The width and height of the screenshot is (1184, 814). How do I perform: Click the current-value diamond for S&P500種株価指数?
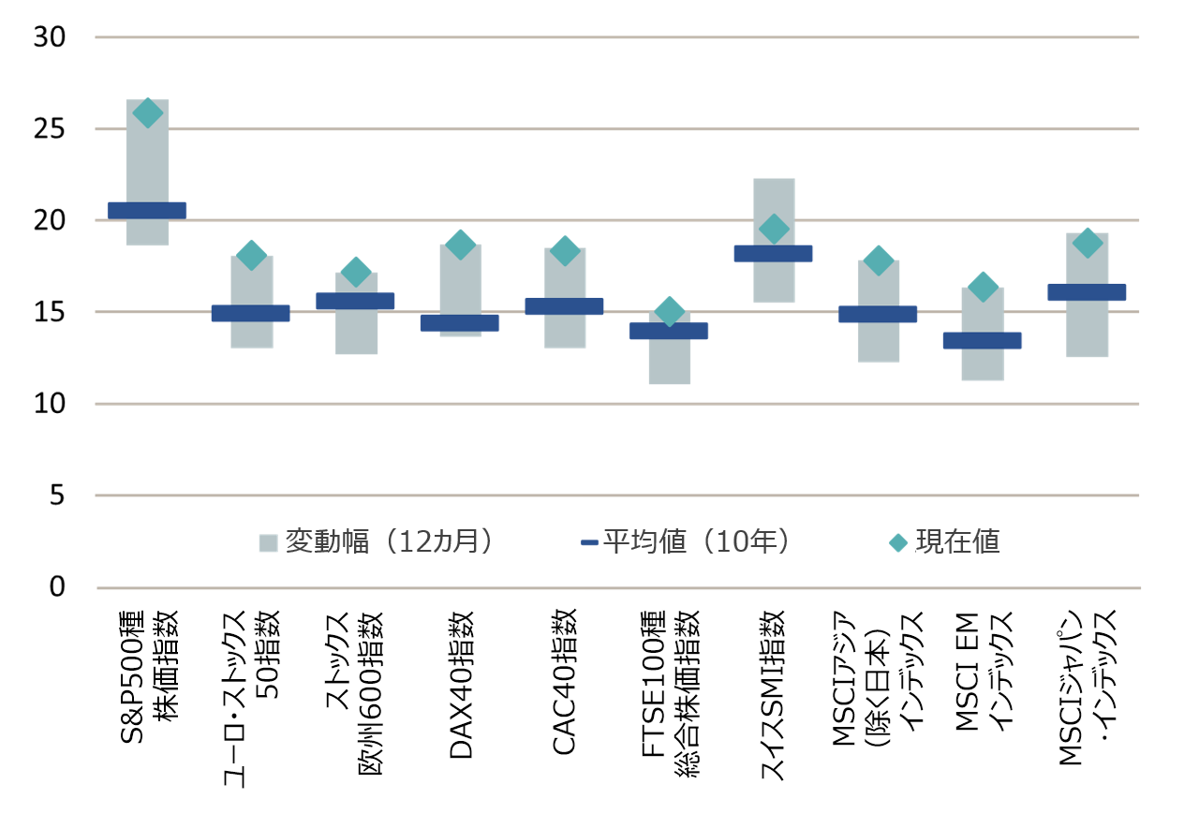(x=147, y=112)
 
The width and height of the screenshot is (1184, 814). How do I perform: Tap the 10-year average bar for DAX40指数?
(x=460, y=323)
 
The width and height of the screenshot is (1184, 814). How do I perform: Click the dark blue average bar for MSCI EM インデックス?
(x=983, y=341)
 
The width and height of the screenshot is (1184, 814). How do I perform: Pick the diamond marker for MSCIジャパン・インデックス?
(x=1087, y=243)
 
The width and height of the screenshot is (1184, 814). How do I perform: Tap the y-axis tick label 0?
(x=57, y=587)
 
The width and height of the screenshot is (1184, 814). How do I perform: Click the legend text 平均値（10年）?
(x=697, y=542)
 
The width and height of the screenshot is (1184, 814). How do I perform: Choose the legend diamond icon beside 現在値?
(x=898, y=542)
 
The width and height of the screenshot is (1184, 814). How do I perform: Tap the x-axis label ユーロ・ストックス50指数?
(x=250, y=698)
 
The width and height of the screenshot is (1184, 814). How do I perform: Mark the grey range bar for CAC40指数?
(x=565, y=333)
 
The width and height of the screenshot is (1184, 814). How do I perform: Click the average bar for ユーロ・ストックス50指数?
(x=251, y=314)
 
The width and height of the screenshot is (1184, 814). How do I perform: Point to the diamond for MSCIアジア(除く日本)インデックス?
(x=878, y=261)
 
